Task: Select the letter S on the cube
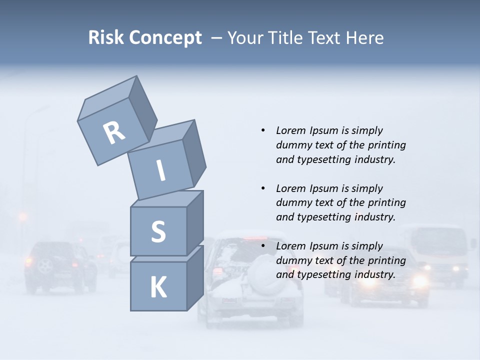coord(158,231)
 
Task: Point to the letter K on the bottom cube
coord(158,287)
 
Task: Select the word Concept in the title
coord(165,38)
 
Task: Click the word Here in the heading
coord(364,37)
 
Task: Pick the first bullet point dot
coord(263,130)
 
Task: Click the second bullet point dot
coord(263,188)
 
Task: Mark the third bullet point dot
coord(263,246)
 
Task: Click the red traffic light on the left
coord(22,216)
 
